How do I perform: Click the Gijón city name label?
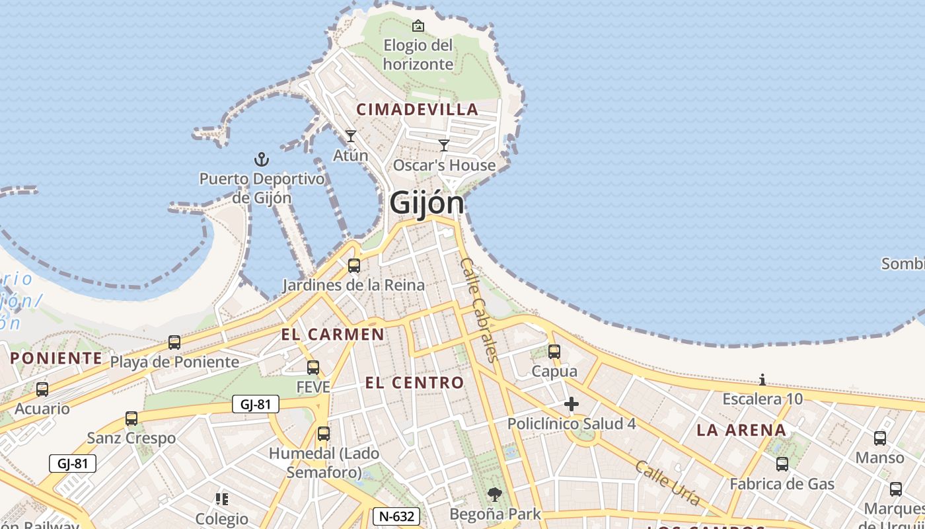(427, 202)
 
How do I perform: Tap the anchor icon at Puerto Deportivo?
(262, 159)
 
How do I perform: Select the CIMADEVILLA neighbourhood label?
(417, 110)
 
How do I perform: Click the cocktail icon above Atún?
(351, 136)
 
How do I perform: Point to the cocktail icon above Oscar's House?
(444, 145)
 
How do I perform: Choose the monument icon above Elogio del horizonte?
(418, 26)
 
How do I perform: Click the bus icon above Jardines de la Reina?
(354, 266)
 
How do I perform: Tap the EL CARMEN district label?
(332, 335)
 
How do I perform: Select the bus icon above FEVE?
(313, 368)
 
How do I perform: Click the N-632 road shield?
(396, 516)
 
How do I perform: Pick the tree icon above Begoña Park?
(494, 494)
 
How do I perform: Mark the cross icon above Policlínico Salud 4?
(572, 404)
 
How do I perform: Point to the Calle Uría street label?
(667, 483)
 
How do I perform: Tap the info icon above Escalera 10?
(762, 380)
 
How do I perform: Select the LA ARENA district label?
(741, 430)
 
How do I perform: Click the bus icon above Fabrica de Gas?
(782, 464)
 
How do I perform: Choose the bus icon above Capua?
(554, 352)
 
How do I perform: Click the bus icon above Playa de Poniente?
(174, 343)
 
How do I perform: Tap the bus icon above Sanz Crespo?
(131, 419)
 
